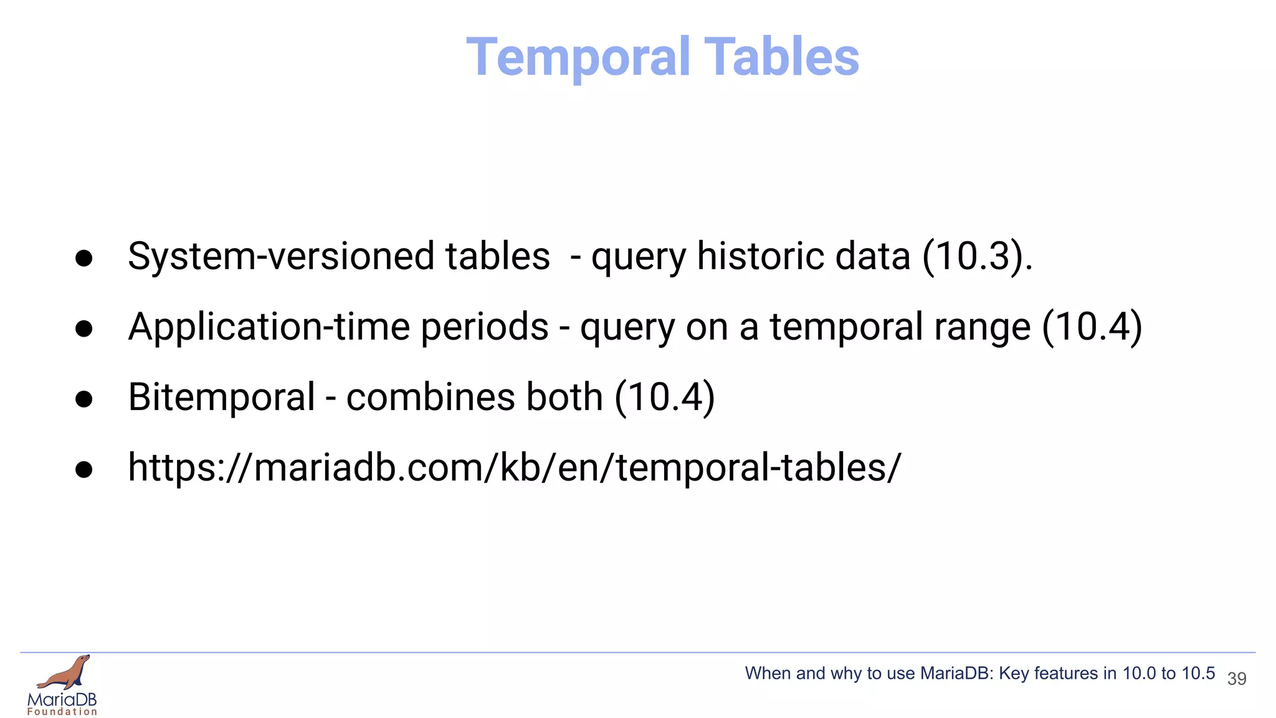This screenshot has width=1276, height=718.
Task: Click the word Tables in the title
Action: (781, 57)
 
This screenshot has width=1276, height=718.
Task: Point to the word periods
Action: (485, 328)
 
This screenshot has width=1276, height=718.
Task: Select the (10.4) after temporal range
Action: (1092, 327)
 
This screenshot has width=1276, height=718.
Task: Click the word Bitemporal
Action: (221, 398)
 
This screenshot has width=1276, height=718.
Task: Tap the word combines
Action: (430, 398)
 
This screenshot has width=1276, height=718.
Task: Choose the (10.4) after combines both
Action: (664, 398)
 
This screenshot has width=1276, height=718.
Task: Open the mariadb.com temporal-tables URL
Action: (514, 467)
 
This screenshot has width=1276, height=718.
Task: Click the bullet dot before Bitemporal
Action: (83, 399)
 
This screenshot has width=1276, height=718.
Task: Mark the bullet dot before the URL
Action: (83, 469)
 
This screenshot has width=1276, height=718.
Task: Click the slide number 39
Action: (1236, 679)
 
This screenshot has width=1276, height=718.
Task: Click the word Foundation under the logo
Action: (62, 712)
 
